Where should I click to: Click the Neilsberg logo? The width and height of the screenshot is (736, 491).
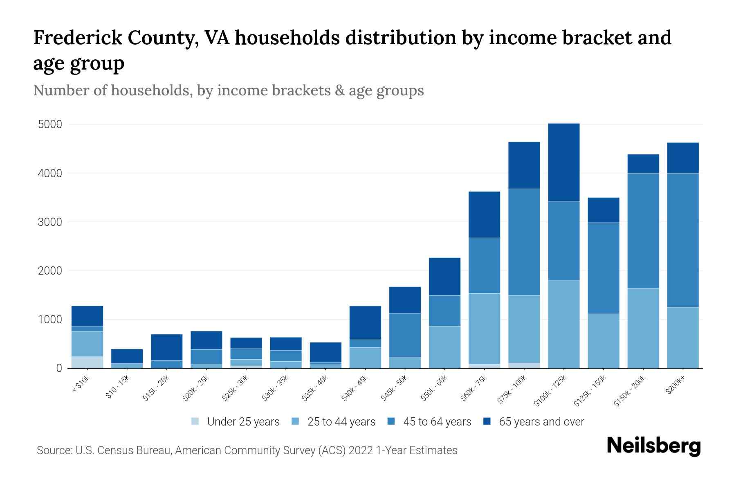click(653, 446)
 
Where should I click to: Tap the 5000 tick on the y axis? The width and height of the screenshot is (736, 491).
click(50, 124)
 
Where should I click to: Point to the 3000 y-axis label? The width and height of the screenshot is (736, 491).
click(50, 222)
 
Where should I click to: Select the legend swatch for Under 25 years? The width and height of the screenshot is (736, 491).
click(195, 421)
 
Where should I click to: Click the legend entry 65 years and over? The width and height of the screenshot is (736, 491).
click(541, 421)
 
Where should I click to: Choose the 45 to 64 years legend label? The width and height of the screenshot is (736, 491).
click(437, 421)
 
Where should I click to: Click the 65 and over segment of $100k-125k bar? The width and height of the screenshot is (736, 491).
click(564, 162)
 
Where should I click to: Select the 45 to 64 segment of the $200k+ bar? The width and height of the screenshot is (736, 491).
click(683, 240)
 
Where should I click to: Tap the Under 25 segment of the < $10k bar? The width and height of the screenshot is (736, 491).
click(87, 362)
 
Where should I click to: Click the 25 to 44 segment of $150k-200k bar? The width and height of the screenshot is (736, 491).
click(643, 328)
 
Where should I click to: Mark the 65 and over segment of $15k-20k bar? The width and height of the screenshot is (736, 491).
click(166, 347)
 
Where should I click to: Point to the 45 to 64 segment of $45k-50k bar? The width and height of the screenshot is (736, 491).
click(405, 335)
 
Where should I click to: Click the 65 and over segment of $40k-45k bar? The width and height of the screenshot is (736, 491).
click(365, 322)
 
